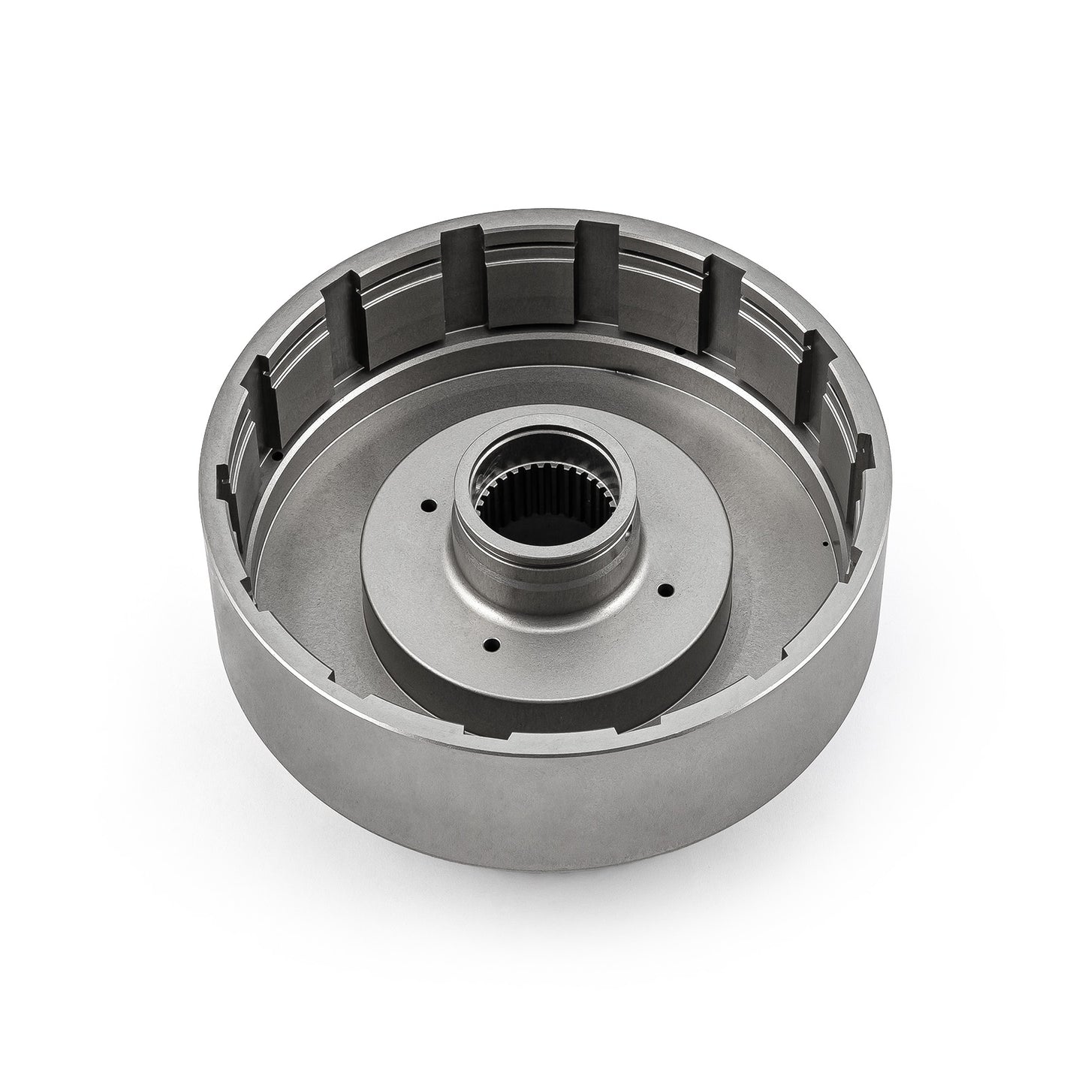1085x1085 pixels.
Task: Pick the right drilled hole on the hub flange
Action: pyautogui.click(x=664, y=589)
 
